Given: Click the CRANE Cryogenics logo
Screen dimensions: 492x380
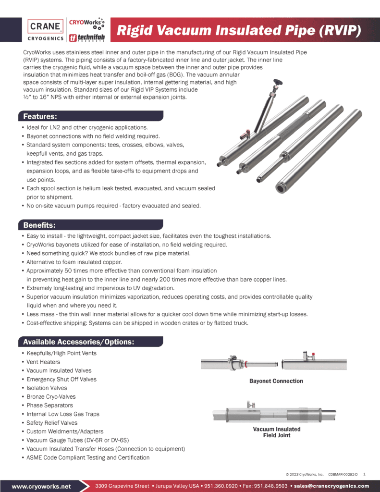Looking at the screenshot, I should (45, 30).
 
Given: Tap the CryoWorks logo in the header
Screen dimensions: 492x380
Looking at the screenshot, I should (86, 23).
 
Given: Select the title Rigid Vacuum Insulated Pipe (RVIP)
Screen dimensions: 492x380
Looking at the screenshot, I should (238, 31).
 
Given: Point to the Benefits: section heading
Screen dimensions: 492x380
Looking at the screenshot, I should (40, 225).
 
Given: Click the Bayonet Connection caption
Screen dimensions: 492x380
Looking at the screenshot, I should (276, 381).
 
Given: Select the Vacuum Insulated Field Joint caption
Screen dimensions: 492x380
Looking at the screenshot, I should (276, 432).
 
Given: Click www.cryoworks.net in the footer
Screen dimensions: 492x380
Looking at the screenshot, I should (41, 486).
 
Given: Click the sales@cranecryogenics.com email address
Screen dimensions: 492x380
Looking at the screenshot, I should (331, 486).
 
